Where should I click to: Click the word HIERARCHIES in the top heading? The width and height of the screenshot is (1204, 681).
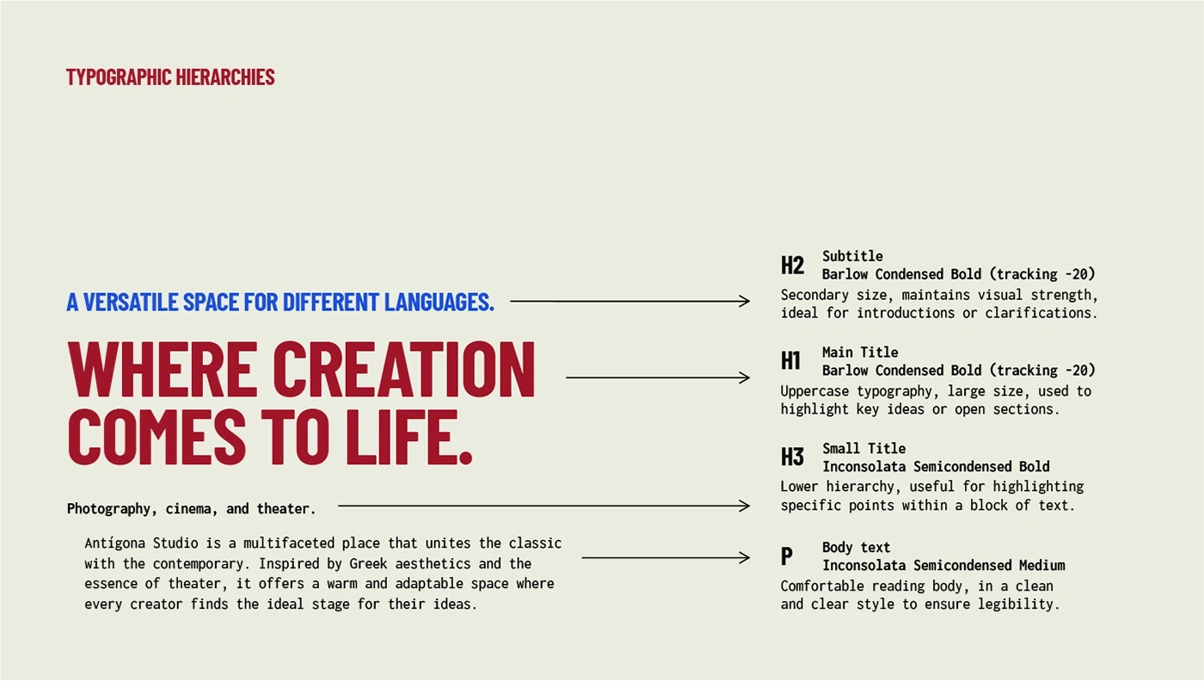(x=225, y=77)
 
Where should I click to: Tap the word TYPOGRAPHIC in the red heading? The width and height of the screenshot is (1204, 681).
(x=119, y=77)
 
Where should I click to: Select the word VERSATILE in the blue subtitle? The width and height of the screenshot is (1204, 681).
(x=130, y=302)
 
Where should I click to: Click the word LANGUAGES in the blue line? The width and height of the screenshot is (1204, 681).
(x=439, y=302)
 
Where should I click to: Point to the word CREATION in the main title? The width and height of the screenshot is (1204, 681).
(x=403, y=370)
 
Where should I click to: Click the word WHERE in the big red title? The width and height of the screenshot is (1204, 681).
(x=159, y=370)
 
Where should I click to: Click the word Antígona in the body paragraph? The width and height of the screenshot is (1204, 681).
(x=114, y=543)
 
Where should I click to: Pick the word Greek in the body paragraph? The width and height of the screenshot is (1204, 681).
(x=368, y=563)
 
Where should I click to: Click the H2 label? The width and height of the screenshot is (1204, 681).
(x=792, y=265)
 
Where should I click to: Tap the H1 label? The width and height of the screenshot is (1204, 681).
(x=790, y=360)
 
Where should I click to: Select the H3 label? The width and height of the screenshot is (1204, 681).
(x=792, y=457)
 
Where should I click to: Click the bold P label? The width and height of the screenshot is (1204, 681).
(x=786, y=555)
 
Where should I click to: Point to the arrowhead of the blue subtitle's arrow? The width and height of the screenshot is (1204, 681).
(x=746, y=301)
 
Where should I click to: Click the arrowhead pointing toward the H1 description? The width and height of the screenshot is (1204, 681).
(x=746, y=377)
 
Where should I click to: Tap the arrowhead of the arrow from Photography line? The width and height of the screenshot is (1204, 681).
(x=746, y=506)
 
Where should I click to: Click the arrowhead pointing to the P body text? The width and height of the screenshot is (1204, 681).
(x=746, y=557)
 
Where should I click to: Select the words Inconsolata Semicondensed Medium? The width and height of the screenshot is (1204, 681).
(x=943, y=566)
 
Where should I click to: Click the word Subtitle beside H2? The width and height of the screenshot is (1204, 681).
(x=852, y=256)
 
